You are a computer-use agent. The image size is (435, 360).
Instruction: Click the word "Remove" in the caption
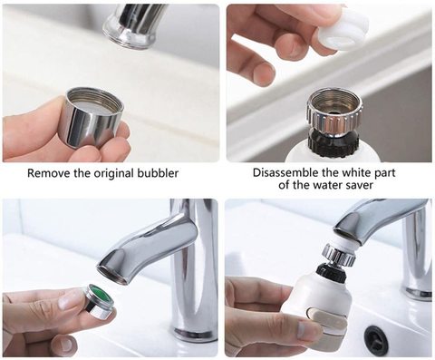click(x=49, y=173)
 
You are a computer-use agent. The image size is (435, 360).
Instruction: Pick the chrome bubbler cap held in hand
click(x=92, y=117)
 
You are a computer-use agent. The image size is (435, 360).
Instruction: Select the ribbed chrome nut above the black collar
click(x=334, y=112)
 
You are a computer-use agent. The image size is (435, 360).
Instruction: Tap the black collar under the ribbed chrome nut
click(x=334, y=144)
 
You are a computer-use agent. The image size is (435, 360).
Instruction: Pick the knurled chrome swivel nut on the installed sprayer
click(x=338, y=257)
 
